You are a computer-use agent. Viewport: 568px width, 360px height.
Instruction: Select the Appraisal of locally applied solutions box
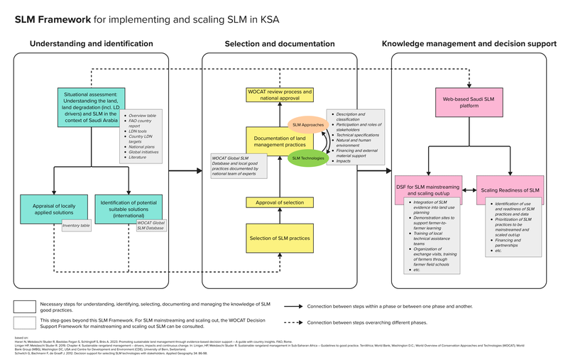click(54, 209)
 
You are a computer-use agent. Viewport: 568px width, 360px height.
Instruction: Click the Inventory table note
click(76, 226)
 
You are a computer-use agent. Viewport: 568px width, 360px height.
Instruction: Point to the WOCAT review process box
click(280, 95)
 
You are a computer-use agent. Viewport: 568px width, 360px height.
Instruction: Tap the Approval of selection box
click(280, 202)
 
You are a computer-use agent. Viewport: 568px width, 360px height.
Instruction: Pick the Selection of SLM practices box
click(280, 238)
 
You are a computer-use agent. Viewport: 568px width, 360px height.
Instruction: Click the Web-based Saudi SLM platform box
click(465, 104)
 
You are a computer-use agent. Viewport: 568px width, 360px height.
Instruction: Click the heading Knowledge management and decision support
click(469, 44)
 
